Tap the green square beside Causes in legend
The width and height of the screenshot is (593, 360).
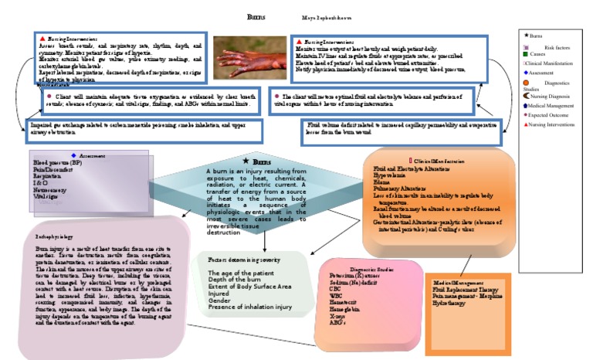526,54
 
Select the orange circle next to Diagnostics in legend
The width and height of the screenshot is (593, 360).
526,81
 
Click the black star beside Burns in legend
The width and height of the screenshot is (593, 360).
527,36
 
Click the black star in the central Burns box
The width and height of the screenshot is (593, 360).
245,161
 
